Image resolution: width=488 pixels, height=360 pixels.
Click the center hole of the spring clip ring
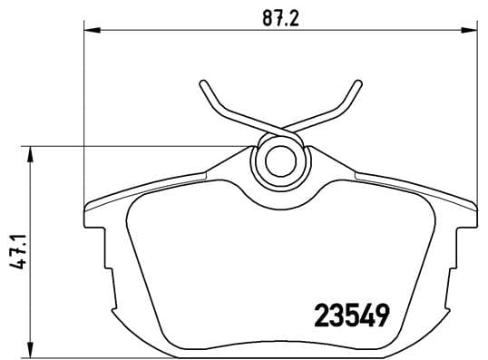pos(278,162)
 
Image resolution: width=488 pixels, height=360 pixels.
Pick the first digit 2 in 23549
pos(320,315)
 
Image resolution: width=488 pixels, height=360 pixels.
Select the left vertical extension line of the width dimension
pos(83,109)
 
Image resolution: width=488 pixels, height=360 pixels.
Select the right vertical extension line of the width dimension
pos(474,109)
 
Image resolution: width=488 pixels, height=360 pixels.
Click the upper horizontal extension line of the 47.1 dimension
pos(136,146)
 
